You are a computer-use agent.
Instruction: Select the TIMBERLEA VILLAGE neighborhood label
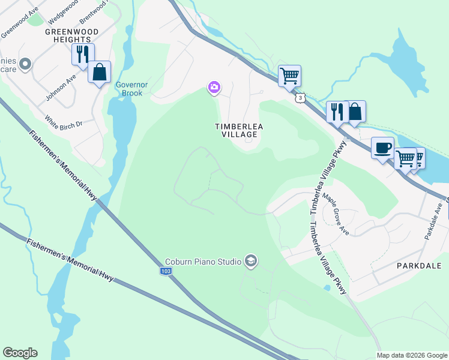(x=237, y=130)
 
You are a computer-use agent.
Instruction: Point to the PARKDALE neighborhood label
(x=418, y=265)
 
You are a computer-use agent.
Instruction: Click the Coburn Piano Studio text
(x=203, y=262)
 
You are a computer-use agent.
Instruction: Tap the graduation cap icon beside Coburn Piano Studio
(x=250, y=261)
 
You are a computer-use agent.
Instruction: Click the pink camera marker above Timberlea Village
(x=214, y=88)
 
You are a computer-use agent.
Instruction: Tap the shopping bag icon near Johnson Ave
(x=99, y=72)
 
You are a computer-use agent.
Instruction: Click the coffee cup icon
(x=382, y=148)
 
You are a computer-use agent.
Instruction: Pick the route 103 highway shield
(x=166, y=272)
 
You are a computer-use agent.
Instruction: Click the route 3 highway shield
(x=298, y=97)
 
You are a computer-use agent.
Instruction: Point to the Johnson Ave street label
(x=61, y=88)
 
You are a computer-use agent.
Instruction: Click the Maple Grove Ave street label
(x=336, y=212)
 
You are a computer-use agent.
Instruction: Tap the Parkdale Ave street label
(x=433, y=221)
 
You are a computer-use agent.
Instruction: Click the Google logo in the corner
(x=20, y=353)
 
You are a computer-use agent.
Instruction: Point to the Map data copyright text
(x=412, y=355)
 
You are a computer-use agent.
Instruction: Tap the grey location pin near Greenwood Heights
(x=25, y=64)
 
